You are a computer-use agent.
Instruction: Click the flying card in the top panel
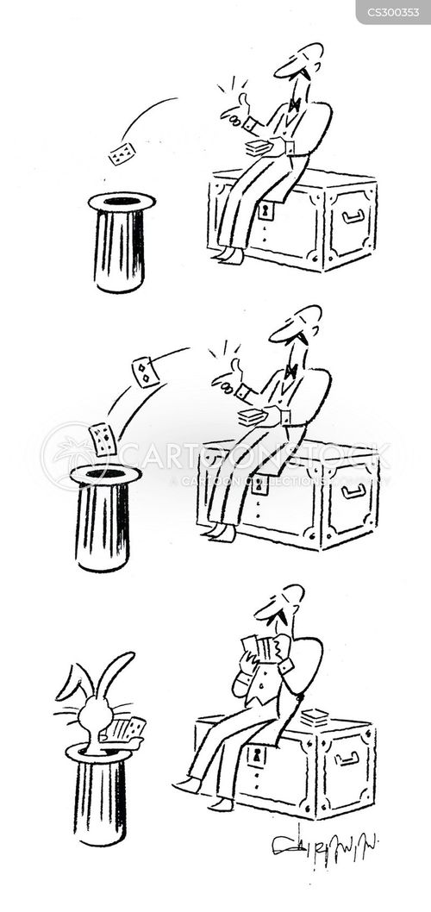pyautogui.click(x=122, y=154)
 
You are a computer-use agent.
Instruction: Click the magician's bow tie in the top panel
pyautogui.click(x=295, y=104)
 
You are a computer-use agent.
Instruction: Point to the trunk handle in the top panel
pyautogui.click(x=353, y=216)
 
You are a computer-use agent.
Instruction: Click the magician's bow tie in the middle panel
pyautogui.click(x=290, y=371)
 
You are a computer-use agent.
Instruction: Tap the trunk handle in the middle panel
pyautogui.click(x=353, y=491)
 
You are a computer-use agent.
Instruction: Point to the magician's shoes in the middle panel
pyautogui.click(x=220, y=532)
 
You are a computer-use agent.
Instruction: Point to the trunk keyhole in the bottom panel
pyautogui.click(x=256, y=755)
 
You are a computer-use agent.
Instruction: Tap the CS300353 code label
pyautogui.click(x=392, y=11)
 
